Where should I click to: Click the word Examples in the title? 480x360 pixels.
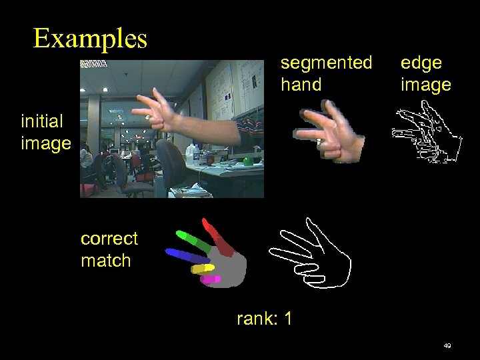tap(90, 38)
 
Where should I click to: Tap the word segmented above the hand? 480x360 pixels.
tap(326, 63)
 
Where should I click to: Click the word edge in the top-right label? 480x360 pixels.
tap(421, 63)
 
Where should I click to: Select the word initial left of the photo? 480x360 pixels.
tap(42, 121)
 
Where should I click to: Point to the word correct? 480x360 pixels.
tap(109, 239)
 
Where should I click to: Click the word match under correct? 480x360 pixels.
tap(105, 261)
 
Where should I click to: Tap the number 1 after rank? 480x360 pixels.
tap(287, 319)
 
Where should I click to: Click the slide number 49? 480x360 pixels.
tap(447, 346)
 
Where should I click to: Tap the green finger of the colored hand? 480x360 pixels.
tap(193, 239)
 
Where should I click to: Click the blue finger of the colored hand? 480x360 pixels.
tap(185, 255)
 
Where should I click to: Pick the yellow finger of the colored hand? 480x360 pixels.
tap(203, 268)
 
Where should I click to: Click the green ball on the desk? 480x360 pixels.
tap(249, 161)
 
